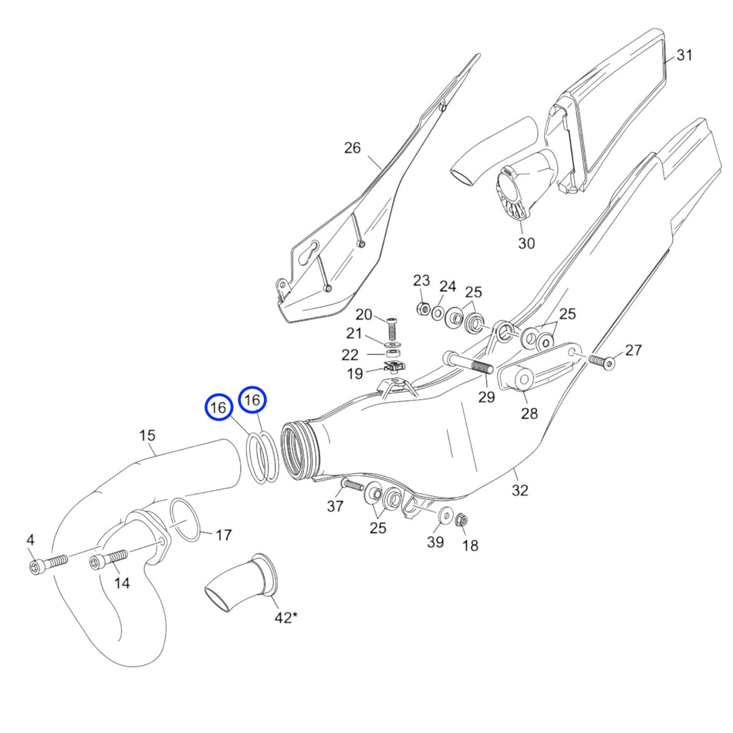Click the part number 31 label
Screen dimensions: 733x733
tap(684, 56)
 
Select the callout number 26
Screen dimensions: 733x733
tap(352, 148)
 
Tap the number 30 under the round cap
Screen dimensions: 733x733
tap(526, 243)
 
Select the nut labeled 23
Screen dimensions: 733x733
tap(422, 309)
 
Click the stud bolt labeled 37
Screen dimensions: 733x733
tap(351, 486)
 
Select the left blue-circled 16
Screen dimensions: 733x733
tap(219, 407)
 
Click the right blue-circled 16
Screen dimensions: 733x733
tap(252, 400)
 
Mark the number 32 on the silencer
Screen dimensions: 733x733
tap(520, 490)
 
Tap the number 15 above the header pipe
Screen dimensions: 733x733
tap(147, 435)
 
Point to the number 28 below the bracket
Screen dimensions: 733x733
tap(529, 414)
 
